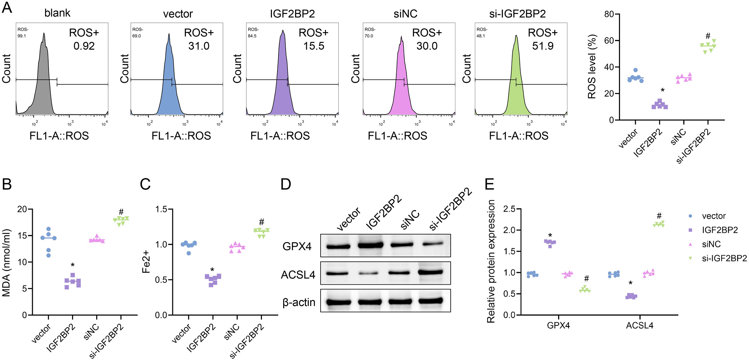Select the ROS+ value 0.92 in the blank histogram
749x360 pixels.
84,46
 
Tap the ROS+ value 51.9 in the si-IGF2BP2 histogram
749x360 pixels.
543,46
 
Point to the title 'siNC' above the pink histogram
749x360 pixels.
405,14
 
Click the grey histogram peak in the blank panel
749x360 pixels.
44,34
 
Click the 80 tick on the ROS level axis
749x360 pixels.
609,14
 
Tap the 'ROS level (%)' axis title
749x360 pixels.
592,67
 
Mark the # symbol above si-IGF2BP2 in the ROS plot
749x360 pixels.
708,36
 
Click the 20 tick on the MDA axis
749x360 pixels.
22,209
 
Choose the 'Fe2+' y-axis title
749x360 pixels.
146,262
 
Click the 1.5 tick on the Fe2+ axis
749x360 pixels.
161,209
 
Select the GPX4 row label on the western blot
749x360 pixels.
297,246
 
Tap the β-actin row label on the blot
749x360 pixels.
299,302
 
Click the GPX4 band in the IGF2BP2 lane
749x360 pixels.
370,245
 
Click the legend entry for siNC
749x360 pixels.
711,244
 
